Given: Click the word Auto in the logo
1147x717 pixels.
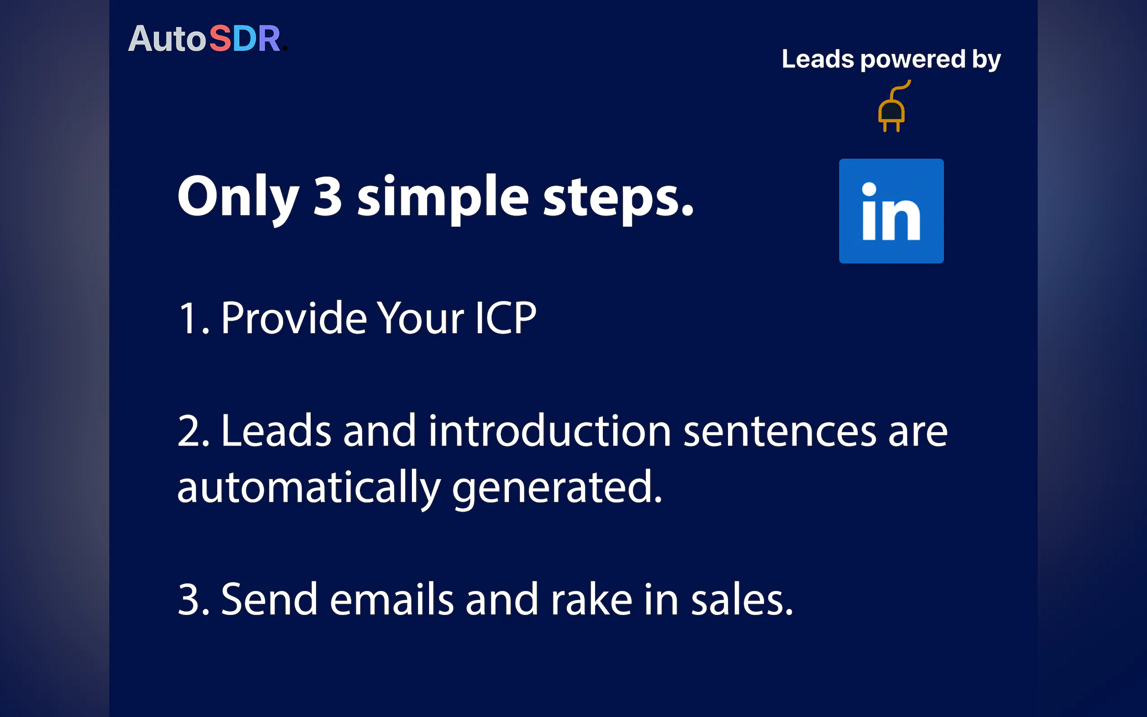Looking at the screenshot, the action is click(167, 39).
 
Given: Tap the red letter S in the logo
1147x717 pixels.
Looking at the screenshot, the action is click(220, 39).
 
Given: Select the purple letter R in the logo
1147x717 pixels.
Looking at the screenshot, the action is click(269, 39).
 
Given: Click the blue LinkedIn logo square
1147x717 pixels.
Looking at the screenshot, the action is click(891, 211).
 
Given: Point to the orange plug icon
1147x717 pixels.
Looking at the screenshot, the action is click(892, 106).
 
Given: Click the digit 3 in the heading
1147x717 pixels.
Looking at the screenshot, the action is click(328, 196).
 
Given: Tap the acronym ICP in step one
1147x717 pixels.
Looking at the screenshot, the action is click(505, 318).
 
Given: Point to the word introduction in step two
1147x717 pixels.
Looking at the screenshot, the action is click(550, 430).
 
